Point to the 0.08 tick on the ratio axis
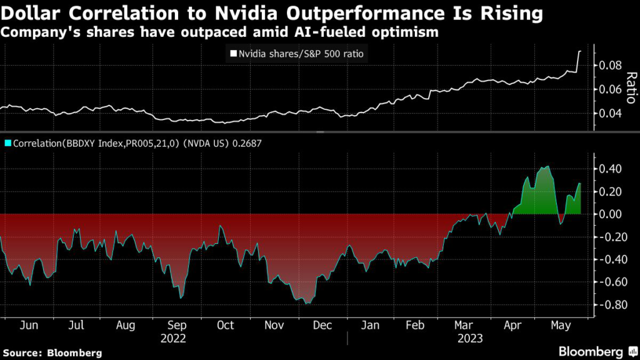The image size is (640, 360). point(611,66)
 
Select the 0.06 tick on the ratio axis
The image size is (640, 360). point(611,89)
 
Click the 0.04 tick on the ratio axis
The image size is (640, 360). point(611,113)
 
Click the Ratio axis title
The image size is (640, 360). point(631,87)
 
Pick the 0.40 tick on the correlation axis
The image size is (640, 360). point(611,169)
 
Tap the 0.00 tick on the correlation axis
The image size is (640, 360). point(611,214)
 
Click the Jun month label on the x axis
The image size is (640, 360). point(26,326)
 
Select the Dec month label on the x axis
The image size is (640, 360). point(322,326)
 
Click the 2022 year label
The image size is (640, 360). point(174,338)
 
